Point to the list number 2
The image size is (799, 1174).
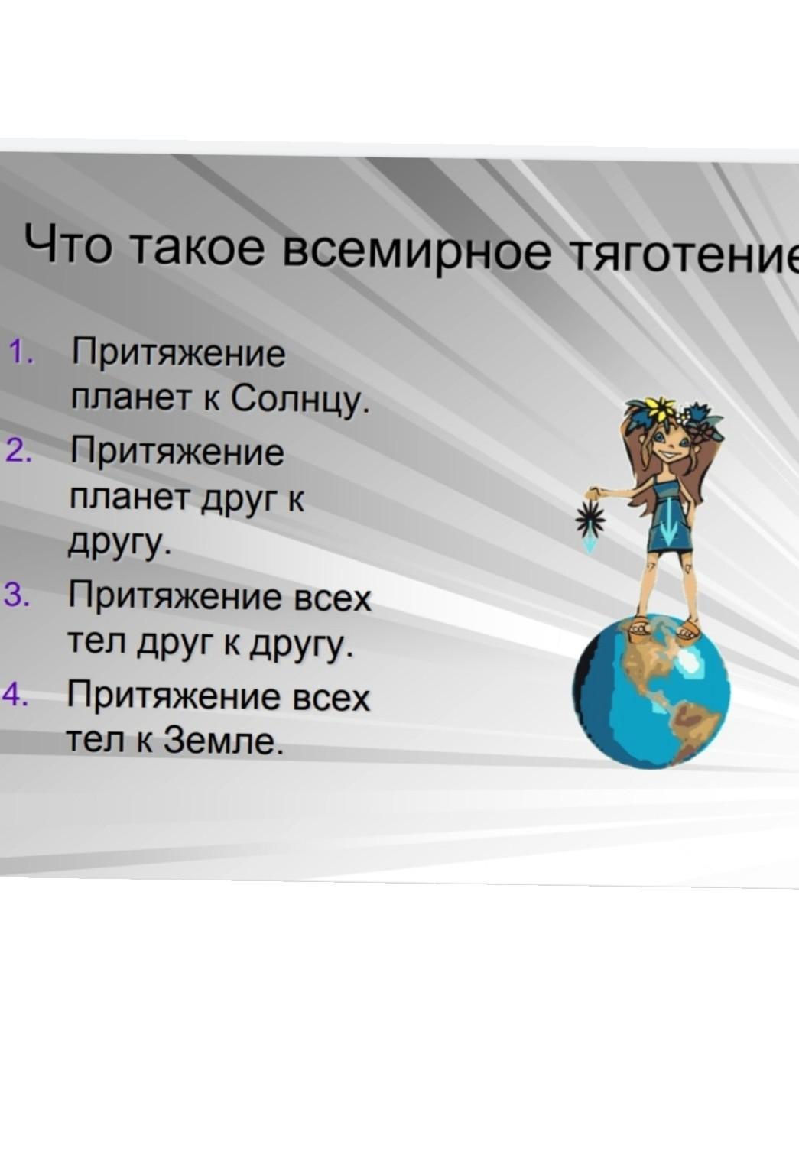point(18,450)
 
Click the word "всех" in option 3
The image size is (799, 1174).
point(331,598)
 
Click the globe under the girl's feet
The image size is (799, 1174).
point(651,692)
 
